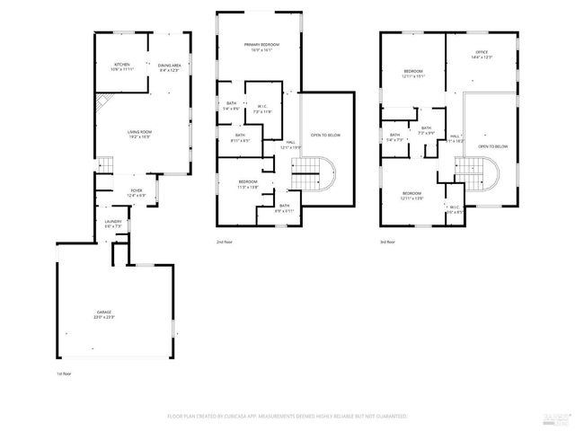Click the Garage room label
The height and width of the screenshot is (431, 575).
(104, 314)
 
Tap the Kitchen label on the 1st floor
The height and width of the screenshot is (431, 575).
(122, 67)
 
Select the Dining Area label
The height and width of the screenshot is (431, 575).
(169, 67)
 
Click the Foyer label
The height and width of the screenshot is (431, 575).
(137, 192)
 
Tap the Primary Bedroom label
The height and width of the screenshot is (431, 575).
(261, 47)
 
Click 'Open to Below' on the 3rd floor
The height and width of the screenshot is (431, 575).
(493, 146)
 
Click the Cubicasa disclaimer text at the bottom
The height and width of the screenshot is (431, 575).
(287, 417)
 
